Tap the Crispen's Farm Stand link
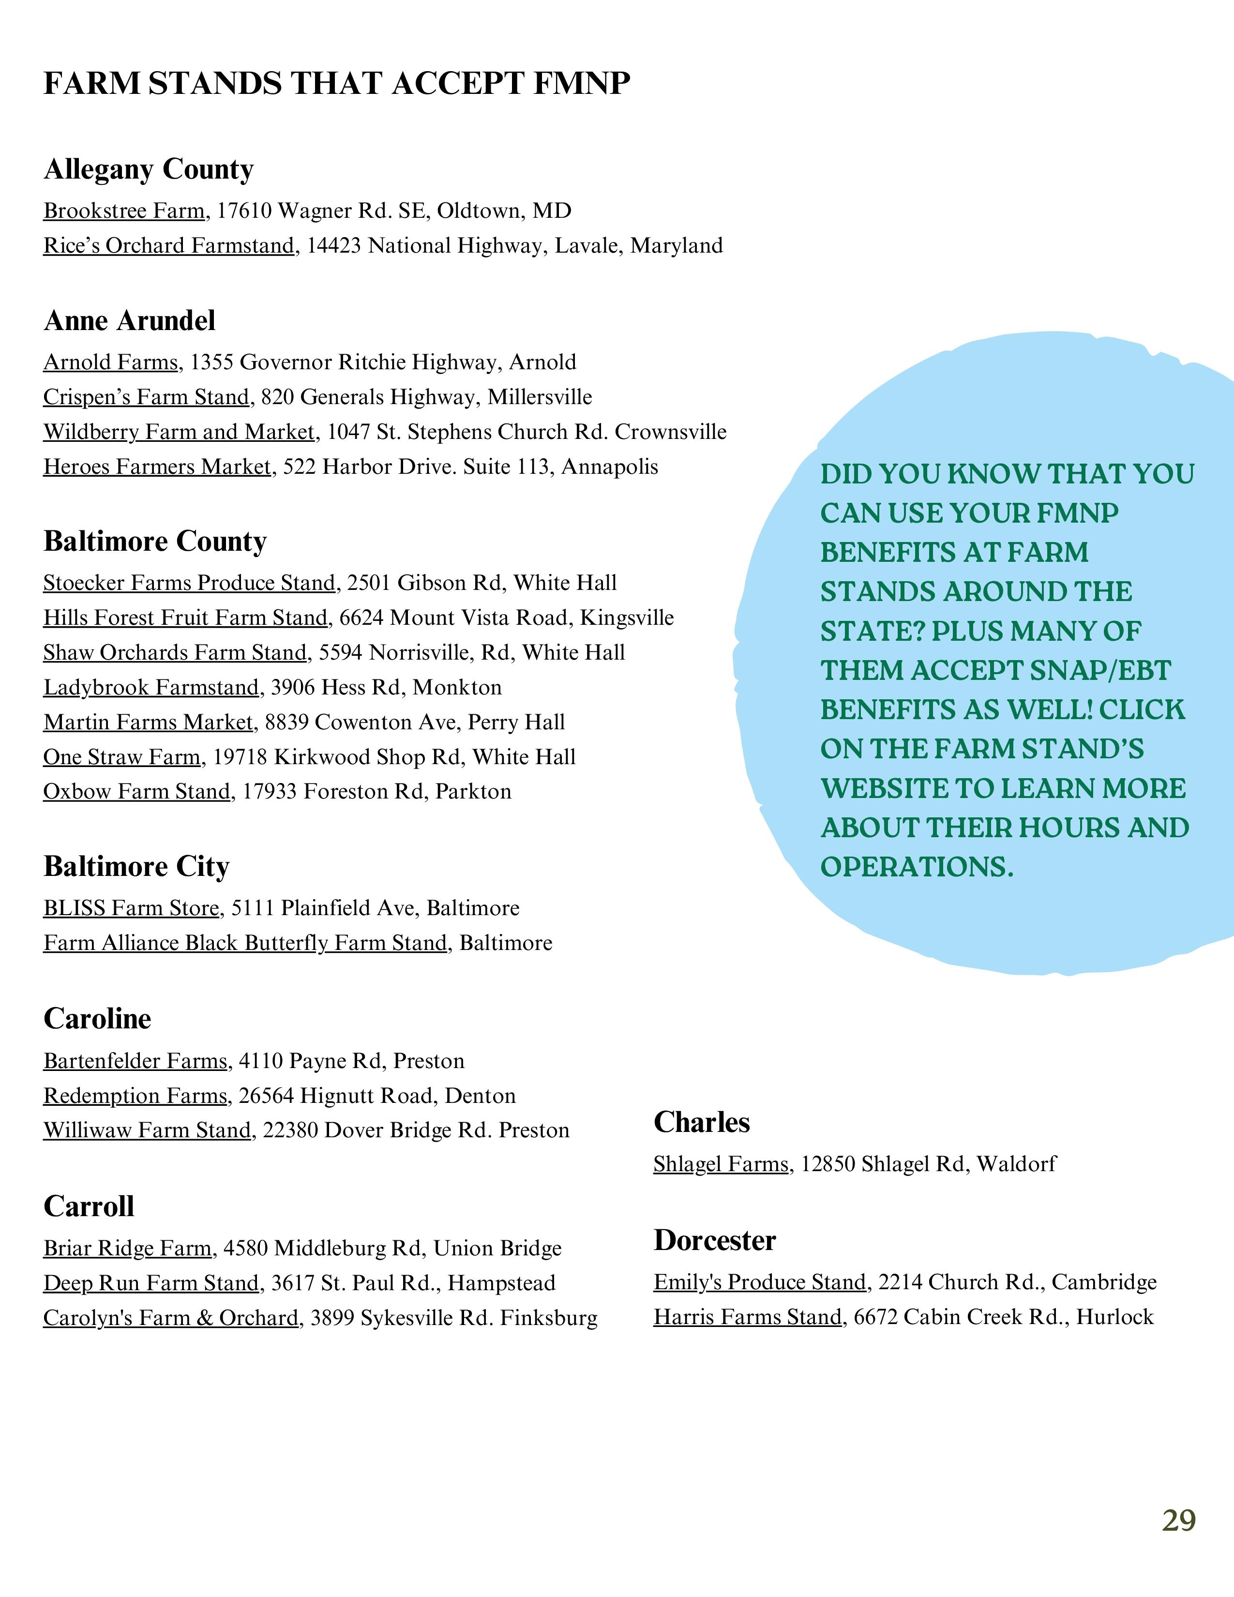coord(146,397)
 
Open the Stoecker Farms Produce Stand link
coord(189,583)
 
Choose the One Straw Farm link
coord(121,757)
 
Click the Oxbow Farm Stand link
coord(136,791)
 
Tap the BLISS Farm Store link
coord(131,908)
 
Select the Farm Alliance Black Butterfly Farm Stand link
coord(245,943)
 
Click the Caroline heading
coord(97,1019)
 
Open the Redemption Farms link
coord(135,1095)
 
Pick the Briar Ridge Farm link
coord(127,1248)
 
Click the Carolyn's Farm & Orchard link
coord(170,1318)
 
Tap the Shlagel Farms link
coord(721,1163)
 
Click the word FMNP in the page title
coord(581,83)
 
